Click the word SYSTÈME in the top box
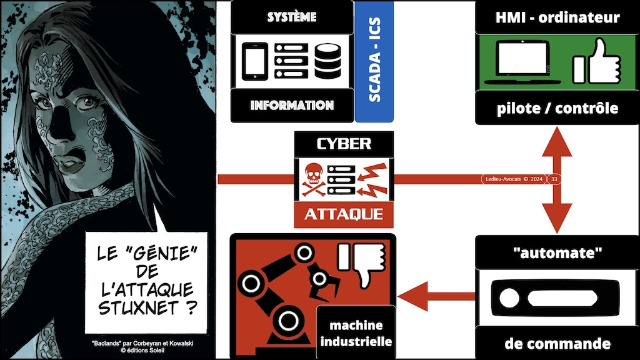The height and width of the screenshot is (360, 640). pos(292,17)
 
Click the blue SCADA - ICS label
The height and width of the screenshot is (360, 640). pos(374,61)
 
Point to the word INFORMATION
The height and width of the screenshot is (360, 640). pos(292,105)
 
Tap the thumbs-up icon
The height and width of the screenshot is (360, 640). pos(596,62)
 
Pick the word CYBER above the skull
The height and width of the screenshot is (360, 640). pos(343,144)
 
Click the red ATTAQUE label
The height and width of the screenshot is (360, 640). pos(343,215)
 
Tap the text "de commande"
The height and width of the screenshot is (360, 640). pos(556,343)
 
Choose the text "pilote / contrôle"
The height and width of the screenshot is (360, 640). pos(556,107)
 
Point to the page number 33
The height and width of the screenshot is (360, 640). pos(554,179)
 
